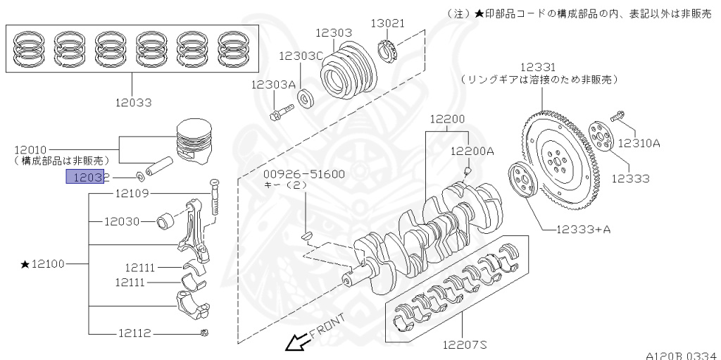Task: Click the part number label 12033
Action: pos(133,103)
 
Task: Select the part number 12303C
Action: pos(301,56)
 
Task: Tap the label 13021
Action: pos(388,23)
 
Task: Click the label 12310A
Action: pos(639,143)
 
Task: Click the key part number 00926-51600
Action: pos(304,174)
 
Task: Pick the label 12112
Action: pos(133,333)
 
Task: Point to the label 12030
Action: pos(123,222)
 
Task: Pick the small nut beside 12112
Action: pos(203,333)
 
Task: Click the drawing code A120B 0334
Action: pos(680,355)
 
